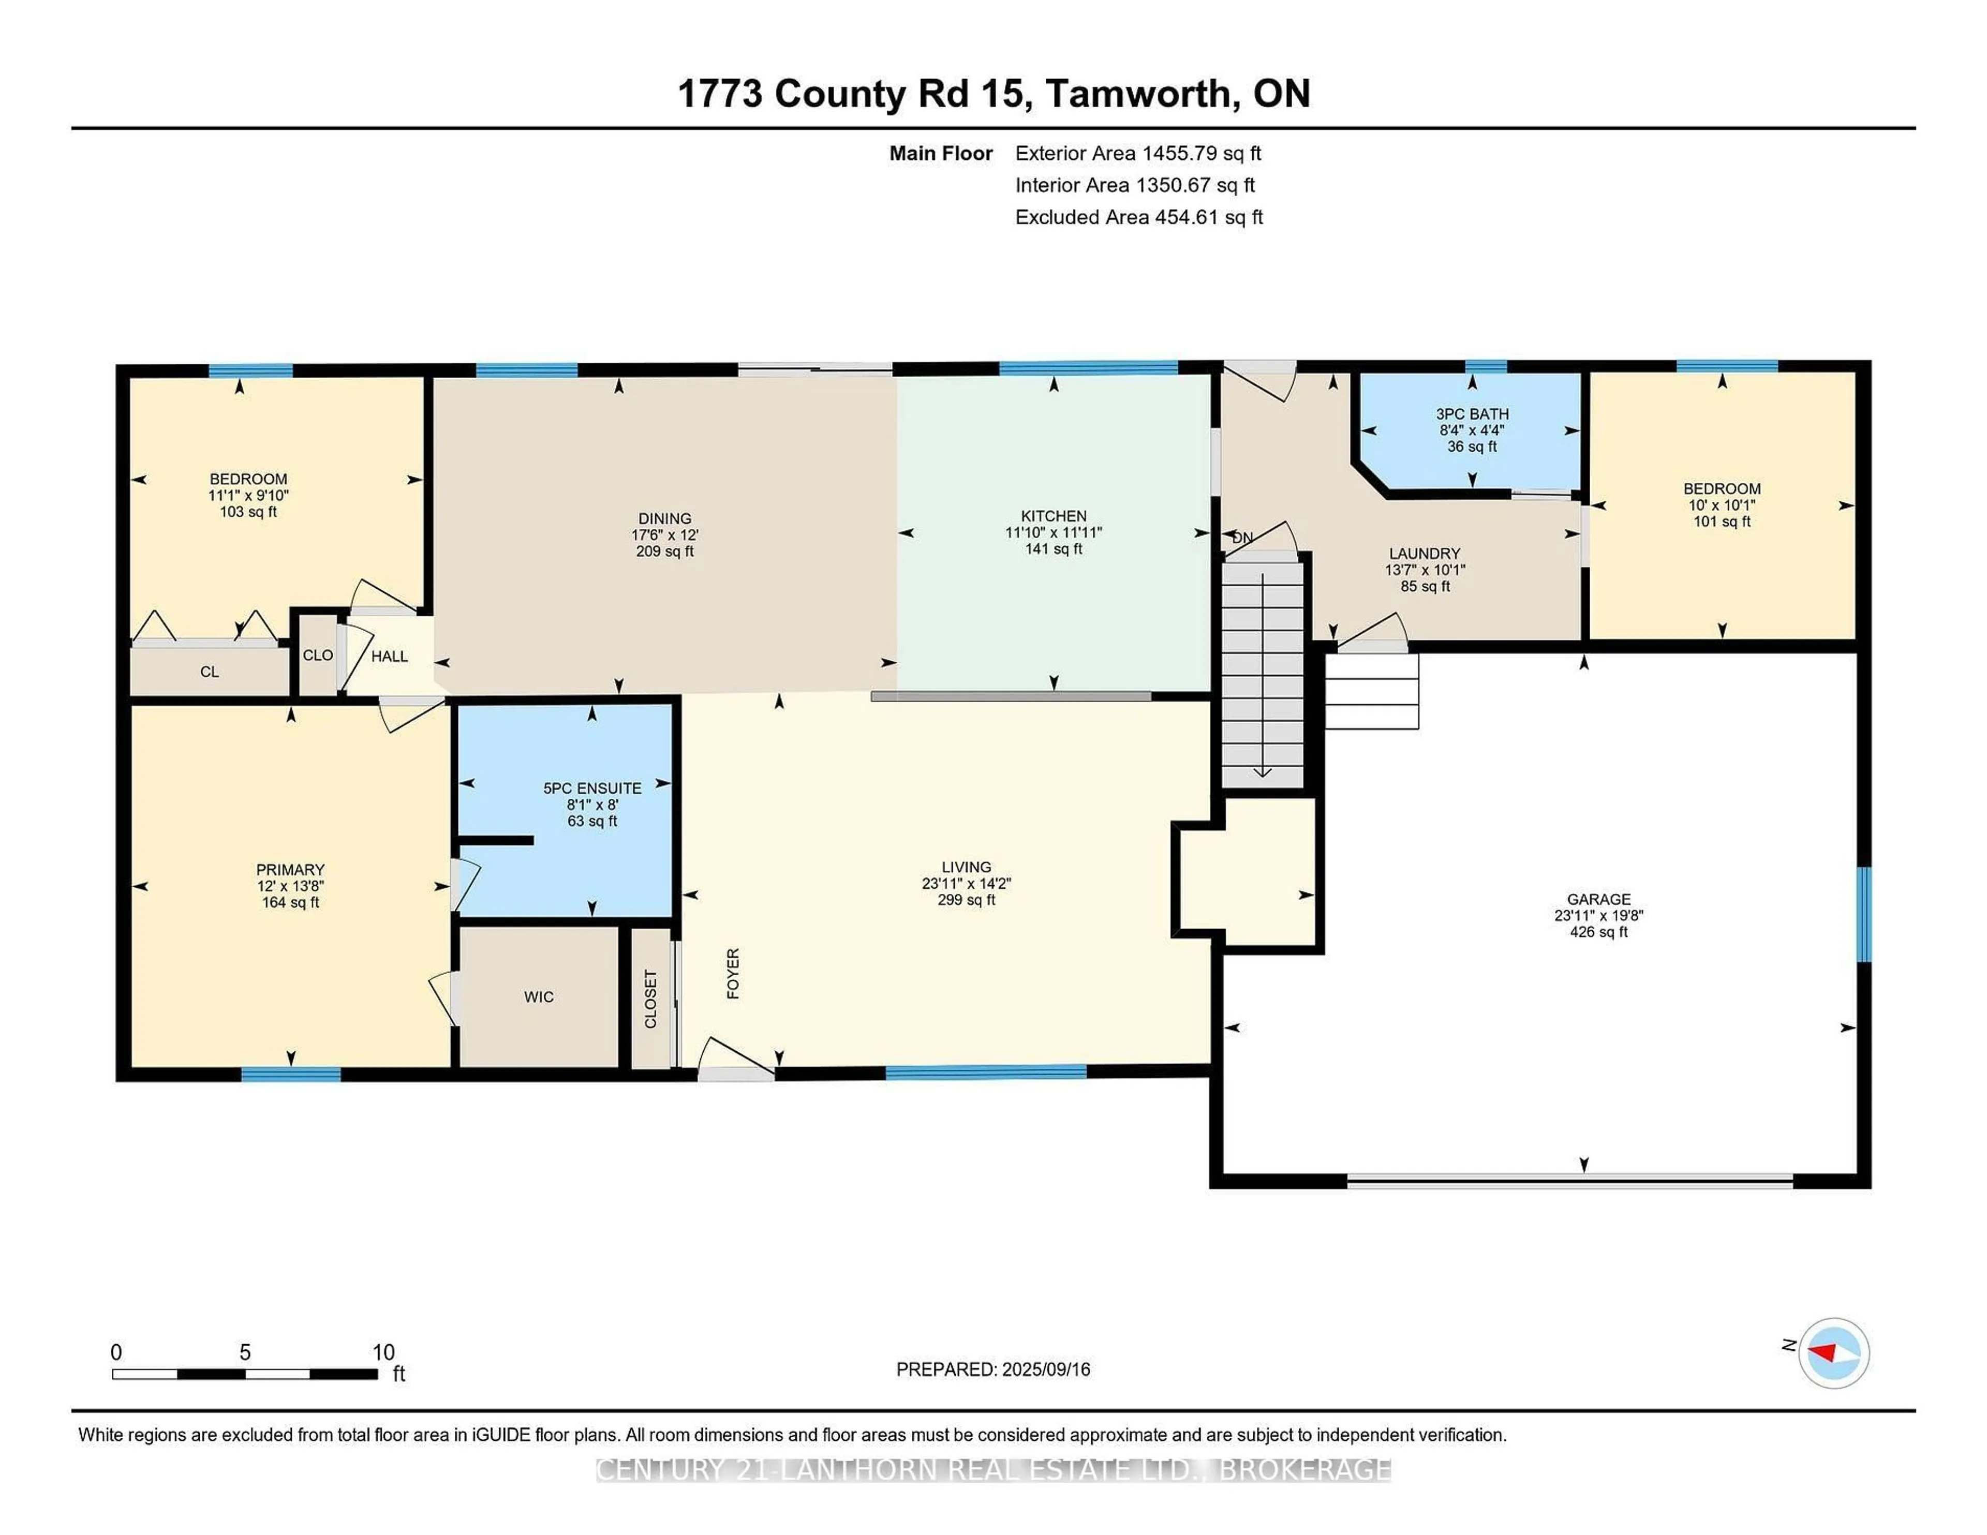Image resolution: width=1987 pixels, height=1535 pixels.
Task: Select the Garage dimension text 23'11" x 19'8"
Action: pyautogui.click(x=1598, y=915)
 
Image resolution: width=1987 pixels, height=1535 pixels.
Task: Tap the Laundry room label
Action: pyautogui.click(x=1424, y=553)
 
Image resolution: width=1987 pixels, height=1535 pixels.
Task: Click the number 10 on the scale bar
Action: pyautogui.click(x=383, y=1352)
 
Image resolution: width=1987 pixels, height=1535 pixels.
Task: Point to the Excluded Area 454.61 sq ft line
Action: pyautogui.click(x=1138, y=217)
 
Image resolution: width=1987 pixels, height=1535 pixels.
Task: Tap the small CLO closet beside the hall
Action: pyautogui.click(x=318, y=655)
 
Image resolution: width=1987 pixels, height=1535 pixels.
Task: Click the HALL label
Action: pyautogui.click(x=390, y=656)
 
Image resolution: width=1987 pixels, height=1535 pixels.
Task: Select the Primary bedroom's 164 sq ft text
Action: pyautogui.click(x=290, y=903)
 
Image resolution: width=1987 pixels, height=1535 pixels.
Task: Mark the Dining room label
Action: pyautogui.click(x=664, y=518)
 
